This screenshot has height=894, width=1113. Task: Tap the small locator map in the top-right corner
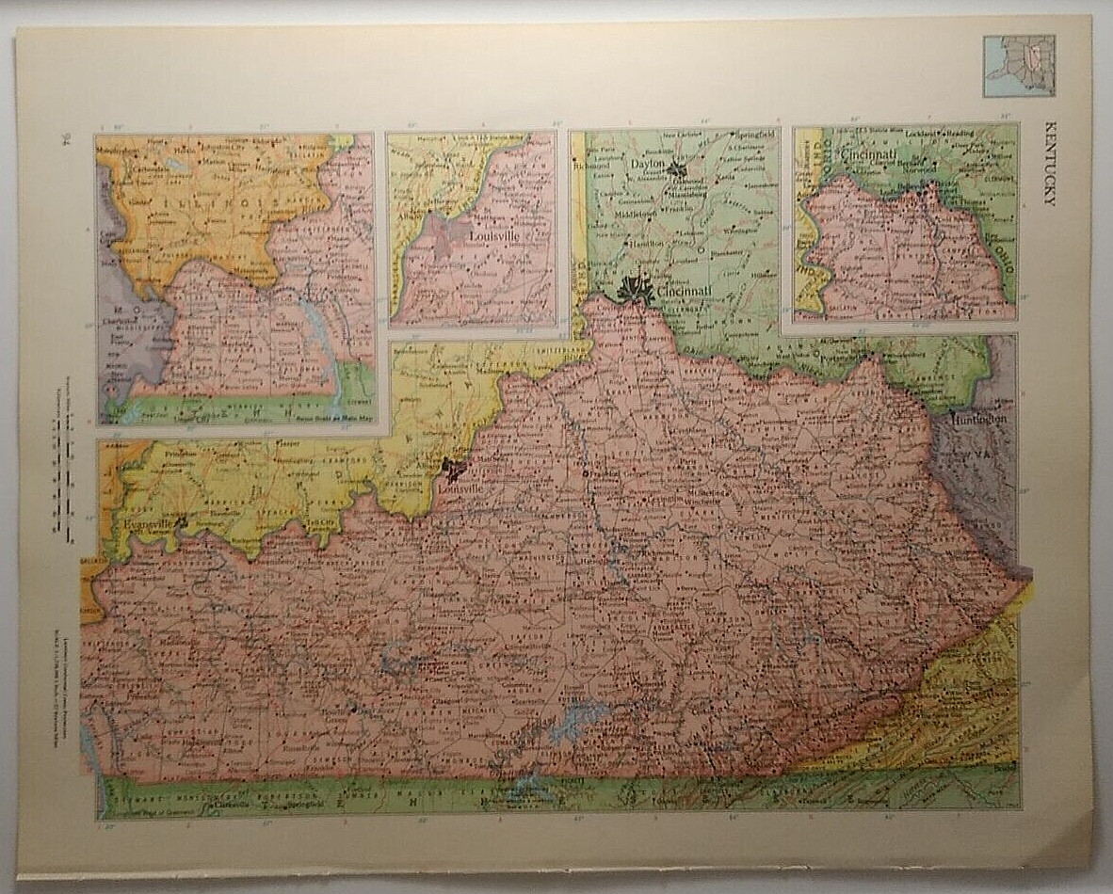point(1019,66)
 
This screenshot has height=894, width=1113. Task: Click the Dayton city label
point(648,164)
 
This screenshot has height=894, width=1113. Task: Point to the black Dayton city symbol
point(675,169)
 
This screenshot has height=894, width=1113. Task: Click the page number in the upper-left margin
point(65,141)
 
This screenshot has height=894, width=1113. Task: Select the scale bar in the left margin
point(65,489)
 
